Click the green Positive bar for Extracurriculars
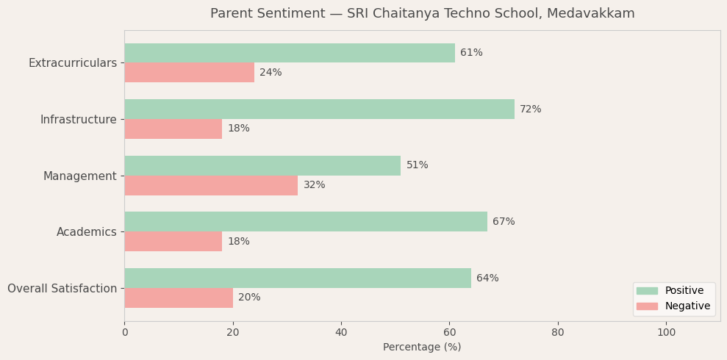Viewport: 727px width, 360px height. (x=290, y=53)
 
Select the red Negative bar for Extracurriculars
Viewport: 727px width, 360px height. (x=189, y=73)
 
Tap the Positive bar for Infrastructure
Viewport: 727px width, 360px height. (x=319, y=109)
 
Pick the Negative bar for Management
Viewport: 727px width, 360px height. (x=211, y=185)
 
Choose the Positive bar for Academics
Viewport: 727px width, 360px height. (x=306, y=222)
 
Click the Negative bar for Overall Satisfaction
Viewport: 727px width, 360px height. (x=179, y=298)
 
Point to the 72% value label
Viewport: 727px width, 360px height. (x=530, y=109)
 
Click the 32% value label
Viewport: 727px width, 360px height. (x=314, y=185)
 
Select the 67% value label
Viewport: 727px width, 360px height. (x=504, y=222)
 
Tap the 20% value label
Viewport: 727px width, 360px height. (x=249, y=298)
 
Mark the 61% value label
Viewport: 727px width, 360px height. (x=471, y=53)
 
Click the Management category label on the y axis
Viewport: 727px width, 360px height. (x=79, y=176)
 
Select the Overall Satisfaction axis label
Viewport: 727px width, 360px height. (x=62, y=289)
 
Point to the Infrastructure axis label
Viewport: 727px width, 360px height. (x=78, y=120)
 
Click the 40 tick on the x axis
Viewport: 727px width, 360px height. (x=341, y=333)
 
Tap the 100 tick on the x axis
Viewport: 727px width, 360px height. (x=666, y=333)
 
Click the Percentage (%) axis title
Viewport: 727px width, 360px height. (x=422, y=348)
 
